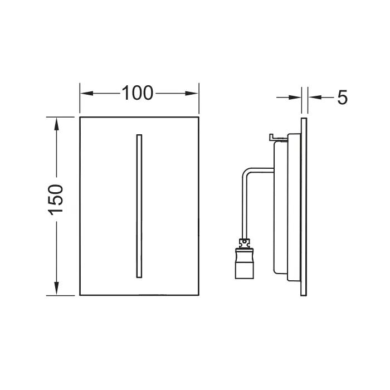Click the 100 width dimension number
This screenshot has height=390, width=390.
pos(138,93)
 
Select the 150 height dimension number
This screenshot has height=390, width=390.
pos(56,199)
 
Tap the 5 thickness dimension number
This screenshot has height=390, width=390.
pos(342,97)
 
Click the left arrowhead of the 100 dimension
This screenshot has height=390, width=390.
pos(86,94)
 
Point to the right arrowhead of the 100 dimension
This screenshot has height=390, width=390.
pos(192,94)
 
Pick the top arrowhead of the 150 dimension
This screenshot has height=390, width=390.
pos(56,124)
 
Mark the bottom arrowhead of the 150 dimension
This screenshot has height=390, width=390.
pos(56,289)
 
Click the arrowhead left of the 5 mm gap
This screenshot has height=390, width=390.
pos(295,97)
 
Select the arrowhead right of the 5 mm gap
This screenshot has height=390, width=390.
pos(315,97)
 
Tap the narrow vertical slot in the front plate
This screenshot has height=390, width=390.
pos(139,206)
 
